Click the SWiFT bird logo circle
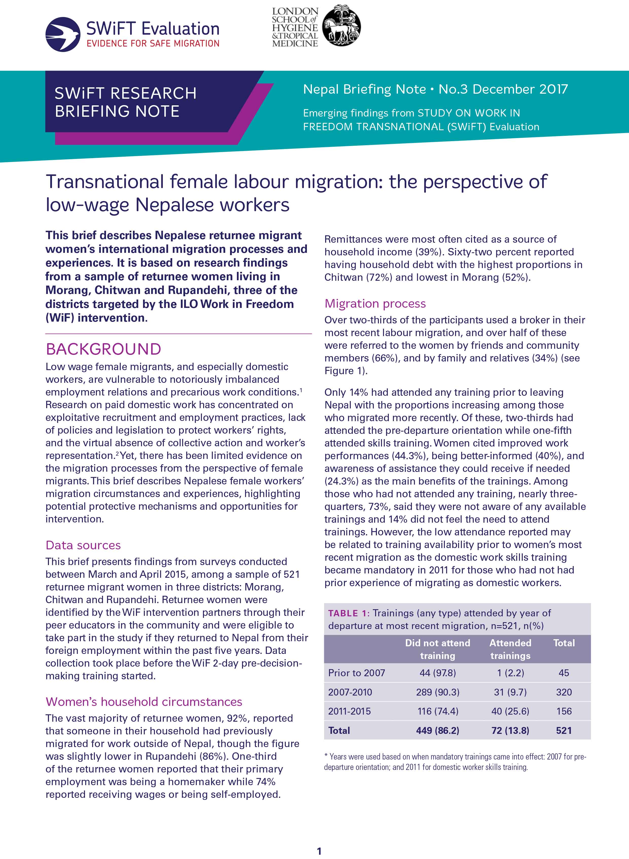point(63,34)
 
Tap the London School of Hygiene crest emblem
point(342,26)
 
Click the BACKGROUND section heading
point(103,349)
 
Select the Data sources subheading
point(83,545)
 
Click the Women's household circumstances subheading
point(144,702)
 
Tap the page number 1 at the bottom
point(319,851)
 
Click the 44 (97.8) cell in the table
point(438,673)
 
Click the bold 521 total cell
point(564,730)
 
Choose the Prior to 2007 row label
point(356,673)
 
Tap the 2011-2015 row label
point(349,711)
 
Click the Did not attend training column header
point(438,649)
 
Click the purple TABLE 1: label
point(348,613)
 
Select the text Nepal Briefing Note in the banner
point(364,89)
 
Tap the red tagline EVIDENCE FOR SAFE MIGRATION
point(153,43)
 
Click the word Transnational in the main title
point(105,182)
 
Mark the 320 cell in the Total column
point(564,692)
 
